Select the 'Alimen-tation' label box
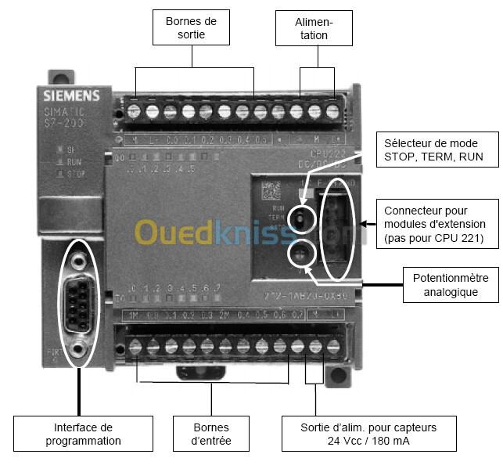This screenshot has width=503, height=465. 313,28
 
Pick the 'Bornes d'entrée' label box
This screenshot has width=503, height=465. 211,434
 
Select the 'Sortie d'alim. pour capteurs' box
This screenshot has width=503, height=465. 368,434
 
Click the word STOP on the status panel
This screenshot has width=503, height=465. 77,174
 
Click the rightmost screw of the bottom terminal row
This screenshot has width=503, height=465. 334,344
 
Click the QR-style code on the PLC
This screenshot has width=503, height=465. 270,189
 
